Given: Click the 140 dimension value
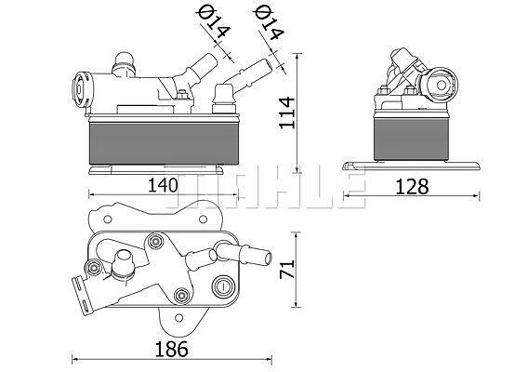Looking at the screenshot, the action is (x=163, y=185).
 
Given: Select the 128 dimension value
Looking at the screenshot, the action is (x=412, y=187).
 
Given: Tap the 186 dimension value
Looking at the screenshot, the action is (x=171, y=349).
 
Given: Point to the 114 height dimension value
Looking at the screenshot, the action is (x=287, y=113).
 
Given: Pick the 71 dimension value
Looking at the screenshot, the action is (x=287, y=269).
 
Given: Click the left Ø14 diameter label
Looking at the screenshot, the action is (x=213, y=22).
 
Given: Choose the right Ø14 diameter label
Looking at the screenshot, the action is (x=269, y=22).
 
